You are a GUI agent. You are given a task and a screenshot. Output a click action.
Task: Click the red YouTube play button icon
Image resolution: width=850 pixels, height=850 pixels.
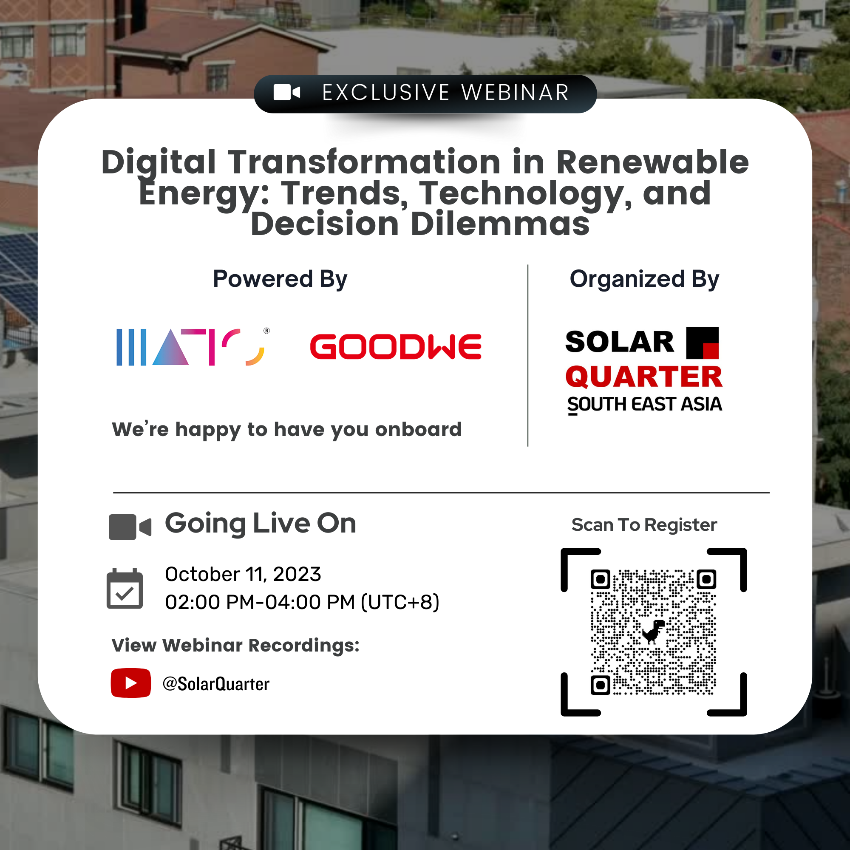[x=130, y=683]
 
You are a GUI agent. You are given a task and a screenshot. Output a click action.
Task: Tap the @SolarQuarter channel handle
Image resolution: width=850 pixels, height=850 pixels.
[x=216, y=684]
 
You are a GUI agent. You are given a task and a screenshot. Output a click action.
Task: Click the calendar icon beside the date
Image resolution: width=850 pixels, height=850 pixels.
[x=125, y=589]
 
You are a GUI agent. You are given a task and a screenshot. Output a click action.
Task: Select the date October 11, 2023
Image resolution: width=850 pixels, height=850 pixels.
[x=243, y=574]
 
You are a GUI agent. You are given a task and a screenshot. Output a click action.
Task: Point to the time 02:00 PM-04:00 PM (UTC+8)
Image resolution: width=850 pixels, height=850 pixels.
[x=302, y=602]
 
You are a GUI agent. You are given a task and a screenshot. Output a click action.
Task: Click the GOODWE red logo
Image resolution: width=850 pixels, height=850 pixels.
[x=396, y=347]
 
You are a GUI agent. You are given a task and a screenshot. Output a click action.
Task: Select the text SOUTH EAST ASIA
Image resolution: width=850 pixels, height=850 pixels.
[x=645, y=404]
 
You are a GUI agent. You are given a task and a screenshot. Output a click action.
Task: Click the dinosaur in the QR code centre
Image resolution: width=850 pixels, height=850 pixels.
[x=653, y=632]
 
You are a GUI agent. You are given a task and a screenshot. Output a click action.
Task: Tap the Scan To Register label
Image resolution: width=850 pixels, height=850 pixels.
[x=644, y=525]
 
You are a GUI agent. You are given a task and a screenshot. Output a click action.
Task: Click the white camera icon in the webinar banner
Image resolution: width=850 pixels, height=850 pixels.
[x=287, y=92]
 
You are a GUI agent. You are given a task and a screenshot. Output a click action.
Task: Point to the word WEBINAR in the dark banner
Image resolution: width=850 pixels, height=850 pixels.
[x=515, y=92]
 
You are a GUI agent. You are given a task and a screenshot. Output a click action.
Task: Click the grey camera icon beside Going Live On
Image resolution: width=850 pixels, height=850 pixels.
[x=130, y=527]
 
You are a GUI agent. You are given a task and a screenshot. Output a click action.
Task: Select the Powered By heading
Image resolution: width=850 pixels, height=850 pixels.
[x=280, y=279]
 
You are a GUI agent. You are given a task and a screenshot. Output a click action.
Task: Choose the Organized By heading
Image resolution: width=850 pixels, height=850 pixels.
[x=645, y=279]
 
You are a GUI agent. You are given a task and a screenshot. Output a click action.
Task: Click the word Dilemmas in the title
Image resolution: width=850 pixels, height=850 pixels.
[x=500, y=224]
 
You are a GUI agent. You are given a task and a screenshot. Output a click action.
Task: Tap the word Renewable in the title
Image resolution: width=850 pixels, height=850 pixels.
[x=652, y=162]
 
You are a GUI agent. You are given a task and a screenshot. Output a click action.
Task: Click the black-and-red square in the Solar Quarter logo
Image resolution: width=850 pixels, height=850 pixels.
[x=703, y=343]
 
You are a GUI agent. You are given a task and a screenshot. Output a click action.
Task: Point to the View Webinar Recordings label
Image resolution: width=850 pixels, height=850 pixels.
[x=236, y=646]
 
